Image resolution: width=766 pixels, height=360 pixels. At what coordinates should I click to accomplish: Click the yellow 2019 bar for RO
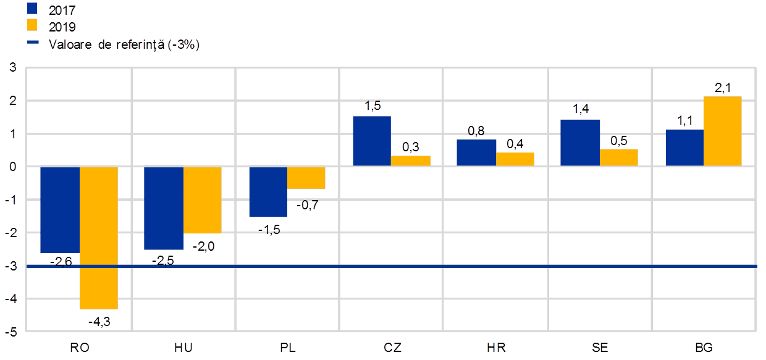point(99,238)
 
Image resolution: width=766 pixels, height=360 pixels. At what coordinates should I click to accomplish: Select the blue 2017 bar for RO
point(60,209)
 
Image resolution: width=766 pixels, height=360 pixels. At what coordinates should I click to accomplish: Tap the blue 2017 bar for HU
point(164,207)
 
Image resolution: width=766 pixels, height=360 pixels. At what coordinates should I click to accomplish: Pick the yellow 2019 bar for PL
point(306,178)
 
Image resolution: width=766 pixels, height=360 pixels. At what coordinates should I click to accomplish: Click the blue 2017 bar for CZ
point(372,141)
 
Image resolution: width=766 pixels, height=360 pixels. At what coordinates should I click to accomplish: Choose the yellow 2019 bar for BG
point(723,131)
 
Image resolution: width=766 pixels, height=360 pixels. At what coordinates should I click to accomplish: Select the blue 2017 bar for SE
point(580,143)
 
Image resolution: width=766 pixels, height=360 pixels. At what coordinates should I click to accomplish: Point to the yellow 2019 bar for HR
point(515,159)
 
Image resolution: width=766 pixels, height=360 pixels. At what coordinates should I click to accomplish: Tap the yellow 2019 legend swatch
point(33,26)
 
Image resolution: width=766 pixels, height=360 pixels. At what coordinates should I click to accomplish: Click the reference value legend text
point(124,44)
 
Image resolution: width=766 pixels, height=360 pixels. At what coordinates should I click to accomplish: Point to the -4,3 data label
point(99,322)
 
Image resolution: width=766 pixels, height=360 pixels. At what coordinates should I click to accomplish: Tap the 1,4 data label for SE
point(581,110)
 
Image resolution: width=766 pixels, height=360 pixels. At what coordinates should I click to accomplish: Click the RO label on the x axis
point(79,348)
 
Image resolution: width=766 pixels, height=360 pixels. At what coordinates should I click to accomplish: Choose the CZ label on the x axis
point(392,348)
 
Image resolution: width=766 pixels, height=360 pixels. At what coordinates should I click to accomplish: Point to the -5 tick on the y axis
point(12,332)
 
